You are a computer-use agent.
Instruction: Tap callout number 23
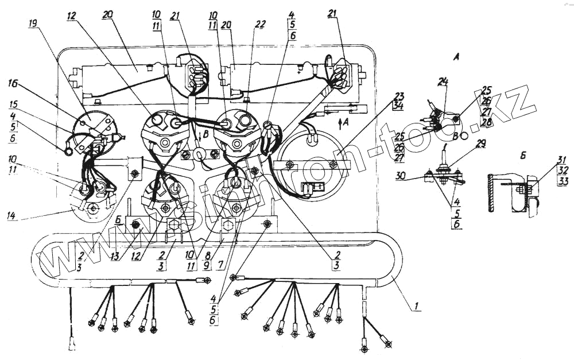coord(399,96)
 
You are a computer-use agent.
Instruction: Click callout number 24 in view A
coord(442,82)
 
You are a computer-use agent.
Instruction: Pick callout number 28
coord(486,122)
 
